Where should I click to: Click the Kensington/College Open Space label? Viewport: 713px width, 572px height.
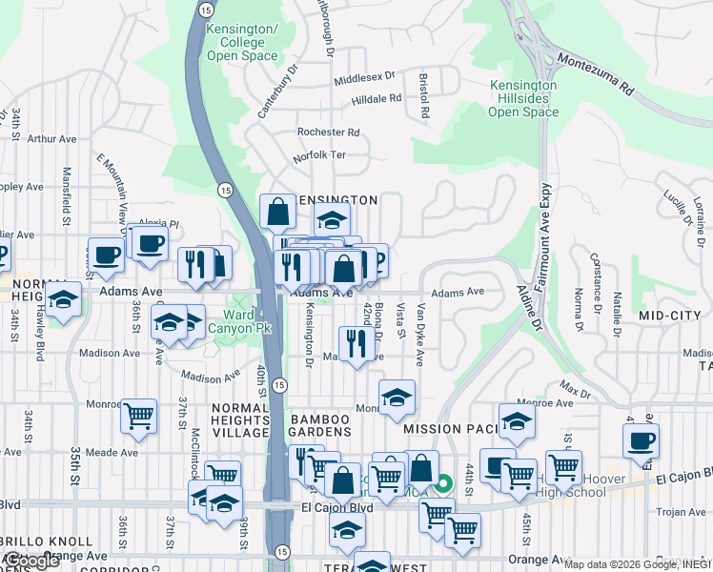click(x=249, y=43)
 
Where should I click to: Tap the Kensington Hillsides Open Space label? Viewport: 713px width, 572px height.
click(x=523, y=98)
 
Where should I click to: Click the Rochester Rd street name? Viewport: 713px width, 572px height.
click(x=328, y=133)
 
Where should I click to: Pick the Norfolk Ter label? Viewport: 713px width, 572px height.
click(x=319, y=154)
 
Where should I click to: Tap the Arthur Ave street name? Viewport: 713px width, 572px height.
click(x=51, y=139)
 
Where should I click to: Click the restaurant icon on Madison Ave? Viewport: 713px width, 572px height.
click(x=355, y=342)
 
